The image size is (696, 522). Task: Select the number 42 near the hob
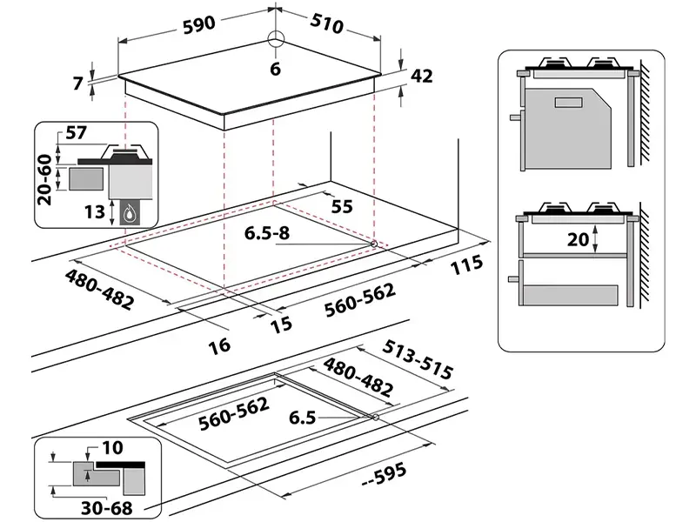click(x=422, y=77)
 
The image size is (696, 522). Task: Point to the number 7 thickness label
click(x=79, y=84)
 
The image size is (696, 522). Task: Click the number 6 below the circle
click(x=276, y=70)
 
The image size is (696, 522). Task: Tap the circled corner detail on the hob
click(x=276, y=39)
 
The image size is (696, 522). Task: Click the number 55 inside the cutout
click(x=343, y=206)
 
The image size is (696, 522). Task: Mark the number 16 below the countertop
click(x=220, y=345)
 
